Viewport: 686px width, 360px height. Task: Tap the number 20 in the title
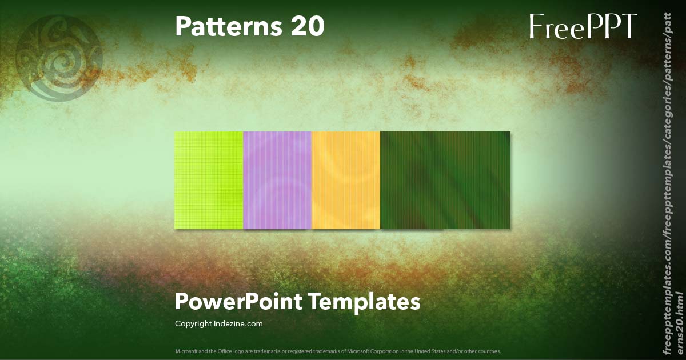pos(307,26)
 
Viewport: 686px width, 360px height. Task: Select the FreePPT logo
pos(583,26)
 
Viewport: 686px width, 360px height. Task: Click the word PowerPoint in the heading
pos(238,301)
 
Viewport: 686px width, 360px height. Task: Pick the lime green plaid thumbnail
pos(209,180)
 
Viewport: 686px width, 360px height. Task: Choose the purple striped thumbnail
pos(277,180)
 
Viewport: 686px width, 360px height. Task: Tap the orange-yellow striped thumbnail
pos(346,180)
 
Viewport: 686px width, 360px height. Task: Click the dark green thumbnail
pos(445,180)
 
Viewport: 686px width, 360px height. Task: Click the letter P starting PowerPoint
pos(181,301)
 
